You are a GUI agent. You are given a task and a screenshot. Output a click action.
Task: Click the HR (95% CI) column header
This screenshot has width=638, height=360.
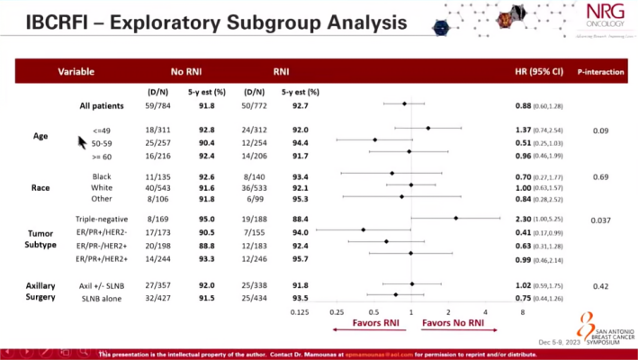tap(538, 70)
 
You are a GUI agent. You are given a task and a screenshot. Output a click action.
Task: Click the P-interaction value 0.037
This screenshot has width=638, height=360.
tap(600, 220)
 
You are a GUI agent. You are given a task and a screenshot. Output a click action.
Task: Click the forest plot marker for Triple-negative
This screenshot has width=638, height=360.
tap(456, 218)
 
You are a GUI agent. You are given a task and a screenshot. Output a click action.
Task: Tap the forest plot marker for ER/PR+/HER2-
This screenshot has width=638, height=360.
tap(364, 229)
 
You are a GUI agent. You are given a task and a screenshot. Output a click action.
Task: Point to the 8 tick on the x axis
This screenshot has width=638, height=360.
tap(521, 312)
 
